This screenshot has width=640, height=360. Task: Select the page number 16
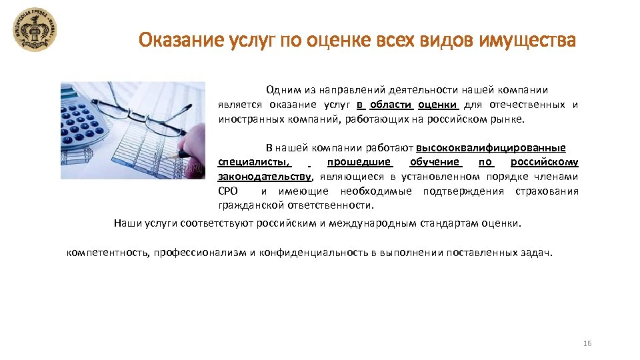(587, 343)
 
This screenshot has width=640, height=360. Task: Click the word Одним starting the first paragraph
(281, 89)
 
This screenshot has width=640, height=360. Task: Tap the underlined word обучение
(435, 162)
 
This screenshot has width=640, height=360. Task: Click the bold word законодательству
(265, 177)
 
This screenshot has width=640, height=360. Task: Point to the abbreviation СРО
(229, 191)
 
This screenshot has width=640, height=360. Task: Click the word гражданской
(248, 205)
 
